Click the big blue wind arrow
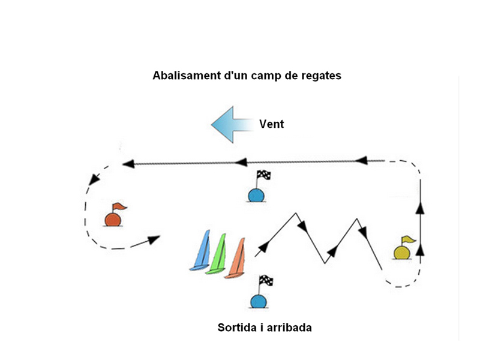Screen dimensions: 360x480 [x=231, y=125]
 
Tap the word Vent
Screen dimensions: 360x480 [x=271, y=125]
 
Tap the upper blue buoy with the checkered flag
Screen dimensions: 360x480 [x=256, y=194]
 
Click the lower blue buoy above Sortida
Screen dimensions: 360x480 [x=258, y=301]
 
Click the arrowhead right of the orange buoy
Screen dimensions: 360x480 [x=154, y=239]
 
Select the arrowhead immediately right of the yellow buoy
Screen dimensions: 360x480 [x=419, y=248]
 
